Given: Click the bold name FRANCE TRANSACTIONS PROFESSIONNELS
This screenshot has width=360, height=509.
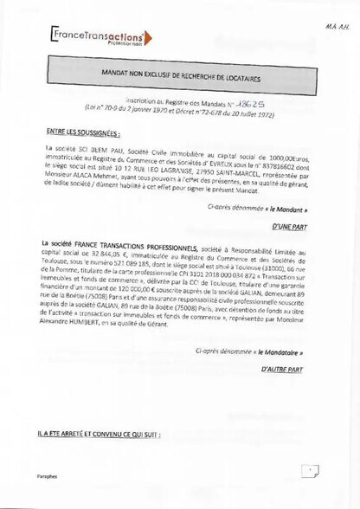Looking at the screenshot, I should point(131,246).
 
